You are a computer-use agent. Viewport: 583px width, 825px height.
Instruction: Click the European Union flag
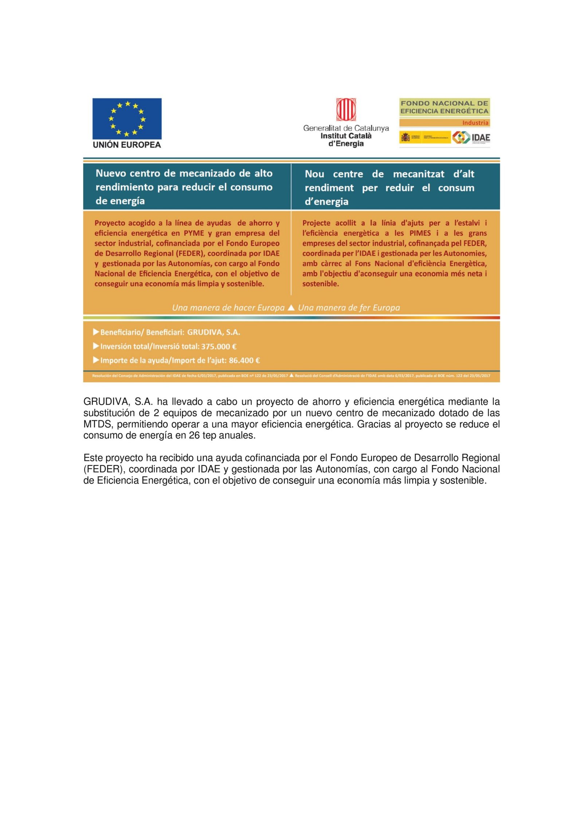[x=127, y=118]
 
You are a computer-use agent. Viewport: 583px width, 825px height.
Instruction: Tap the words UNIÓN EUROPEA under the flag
[x=127, y=145]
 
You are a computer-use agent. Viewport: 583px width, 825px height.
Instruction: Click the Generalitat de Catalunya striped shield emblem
[x=346, y=109]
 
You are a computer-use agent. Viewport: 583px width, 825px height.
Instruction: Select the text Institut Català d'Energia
[x=346, y=140]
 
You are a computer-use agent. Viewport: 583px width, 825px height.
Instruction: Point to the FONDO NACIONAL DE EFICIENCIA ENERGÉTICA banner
[x=444, y=107]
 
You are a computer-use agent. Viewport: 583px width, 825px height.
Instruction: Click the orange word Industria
[x=475, y=123]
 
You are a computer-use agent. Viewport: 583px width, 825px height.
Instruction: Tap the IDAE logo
[x=471, y=137]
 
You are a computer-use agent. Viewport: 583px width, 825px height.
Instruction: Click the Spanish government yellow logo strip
[x=425, y=137]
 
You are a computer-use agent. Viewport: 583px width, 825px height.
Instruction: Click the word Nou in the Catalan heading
[x=314, y=174]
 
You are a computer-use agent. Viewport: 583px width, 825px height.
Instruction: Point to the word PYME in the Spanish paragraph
[x=194, y=233]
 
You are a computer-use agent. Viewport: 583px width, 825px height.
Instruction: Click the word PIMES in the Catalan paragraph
[x=420, y=233]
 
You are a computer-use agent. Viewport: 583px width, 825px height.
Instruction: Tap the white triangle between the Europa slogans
[x=291, y=308]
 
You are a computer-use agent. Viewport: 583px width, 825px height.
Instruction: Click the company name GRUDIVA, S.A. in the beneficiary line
[x=214, y=332]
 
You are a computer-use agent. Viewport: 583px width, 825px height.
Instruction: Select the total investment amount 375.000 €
[x=219, y=347]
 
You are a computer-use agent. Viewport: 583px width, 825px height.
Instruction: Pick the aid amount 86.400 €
[x=244, y=360]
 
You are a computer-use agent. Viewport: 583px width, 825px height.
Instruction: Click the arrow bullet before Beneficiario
[x=96, y=332]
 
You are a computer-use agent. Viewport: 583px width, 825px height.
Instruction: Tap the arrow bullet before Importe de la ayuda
[x=96, y=360]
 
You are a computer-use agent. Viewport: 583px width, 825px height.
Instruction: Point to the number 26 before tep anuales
[x=194, y=435]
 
